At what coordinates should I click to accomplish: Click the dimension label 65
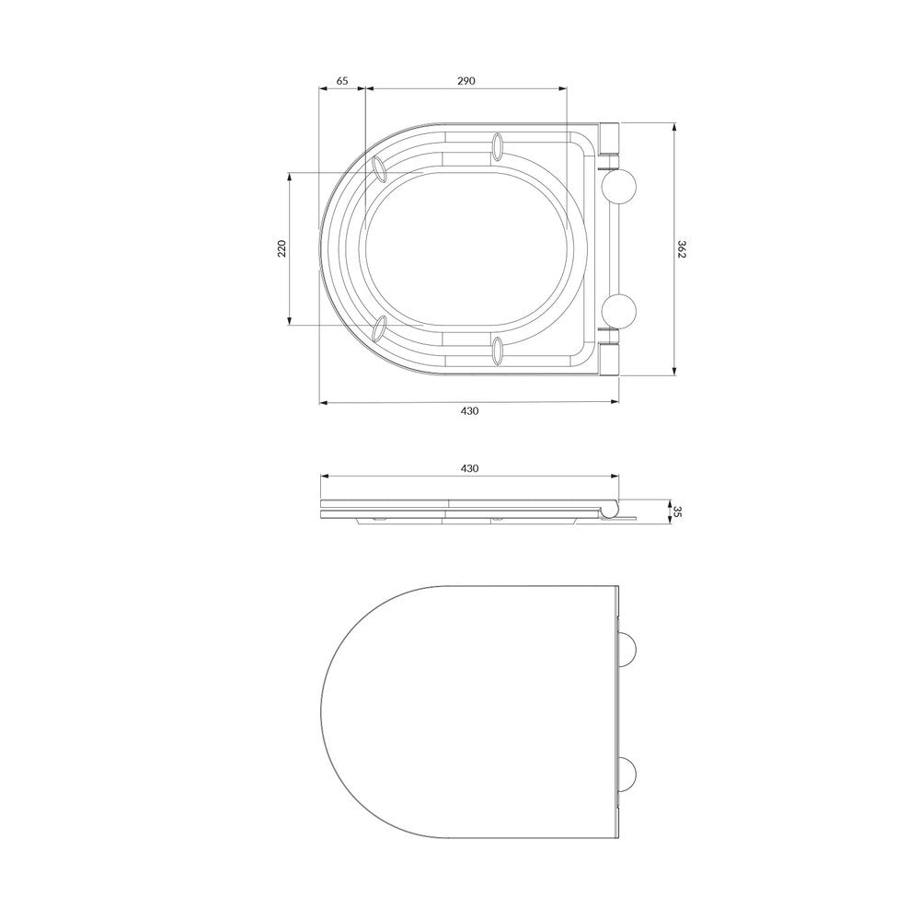(342, 81)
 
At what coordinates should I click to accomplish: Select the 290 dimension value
(466, 81)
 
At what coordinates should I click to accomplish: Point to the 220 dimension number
(282, 248)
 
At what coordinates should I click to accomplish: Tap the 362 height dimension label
(681, 248)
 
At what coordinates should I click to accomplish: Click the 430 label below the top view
(469, 410)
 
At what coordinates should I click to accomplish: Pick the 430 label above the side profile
(469, 468)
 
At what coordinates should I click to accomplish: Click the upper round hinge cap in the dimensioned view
(619, 187)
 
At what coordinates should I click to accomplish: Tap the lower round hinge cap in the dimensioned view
(619, 311)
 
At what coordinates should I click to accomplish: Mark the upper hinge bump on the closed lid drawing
(628, 650)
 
